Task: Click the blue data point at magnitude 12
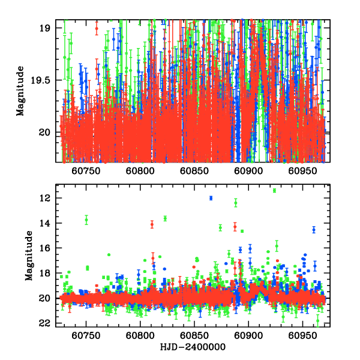pos(211,198)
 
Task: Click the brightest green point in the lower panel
pos(274,190)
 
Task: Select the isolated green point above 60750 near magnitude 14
pos(86,220)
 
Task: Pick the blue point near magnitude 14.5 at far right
pos(314,229)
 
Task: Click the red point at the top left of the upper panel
pos(97,28)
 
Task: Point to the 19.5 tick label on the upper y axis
pos(44,80)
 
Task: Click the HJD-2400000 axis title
pos(194,347)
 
